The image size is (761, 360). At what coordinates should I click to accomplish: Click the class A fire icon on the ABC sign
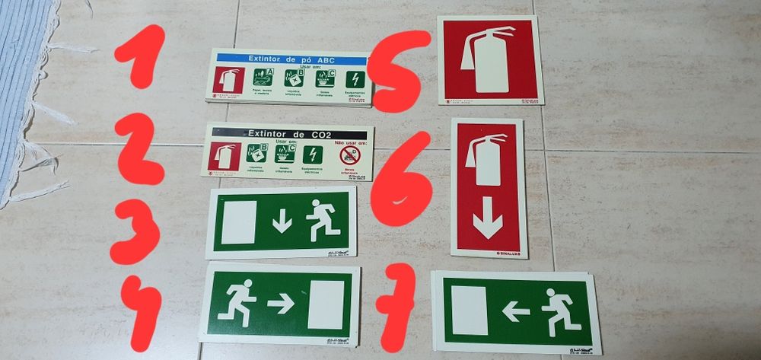coord(263,77)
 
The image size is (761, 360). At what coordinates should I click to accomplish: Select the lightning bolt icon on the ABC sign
coord(355,79)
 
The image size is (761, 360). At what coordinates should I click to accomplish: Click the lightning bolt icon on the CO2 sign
coord(313,155)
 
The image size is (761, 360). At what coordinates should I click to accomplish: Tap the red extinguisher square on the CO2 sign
coord(224,155)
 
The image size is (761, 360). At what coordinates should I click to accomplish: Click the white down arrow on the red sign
coord(487,223)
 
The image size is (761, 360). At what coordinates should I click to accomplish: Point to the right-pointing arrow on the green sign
coord(281,304)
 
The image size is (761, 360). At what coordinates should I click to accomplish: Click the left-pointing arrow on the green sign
coord(516,311)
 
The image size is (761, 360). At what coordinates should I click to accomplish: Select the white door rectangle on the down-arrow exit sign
coord(238,222)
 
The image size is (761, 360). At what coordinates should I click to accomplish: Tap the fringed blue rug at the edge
coord(23,91)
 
